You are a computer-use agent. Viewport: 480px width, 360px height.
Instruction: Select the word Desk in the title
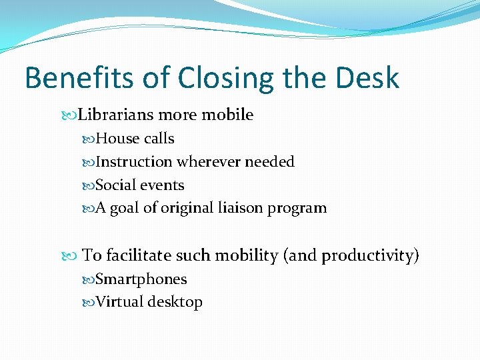367,78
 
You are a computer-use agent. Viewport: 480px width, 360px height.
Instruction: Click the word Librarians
115,115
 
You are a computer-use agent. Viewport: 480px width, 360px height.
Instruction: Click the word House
115,139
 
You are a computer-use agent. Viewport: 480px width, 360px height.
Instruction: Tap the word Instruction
134,162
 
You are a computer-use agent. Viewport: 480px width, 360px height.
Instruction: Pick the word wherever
209,162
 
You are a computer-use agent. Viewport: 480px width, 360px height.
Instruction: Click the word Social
116,185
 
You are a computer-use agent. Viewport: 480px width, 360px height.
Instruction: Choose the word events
162,185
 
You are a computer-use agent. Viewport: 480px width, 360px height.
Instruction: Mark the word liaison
241,208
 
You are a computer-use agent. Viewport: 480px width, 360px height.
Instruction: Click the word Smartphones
141,279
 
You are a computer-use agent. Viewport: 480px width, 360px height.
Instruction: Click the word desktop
175,302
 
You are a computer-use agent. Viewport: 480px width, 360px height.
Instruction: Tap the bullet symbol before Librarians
73,115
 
